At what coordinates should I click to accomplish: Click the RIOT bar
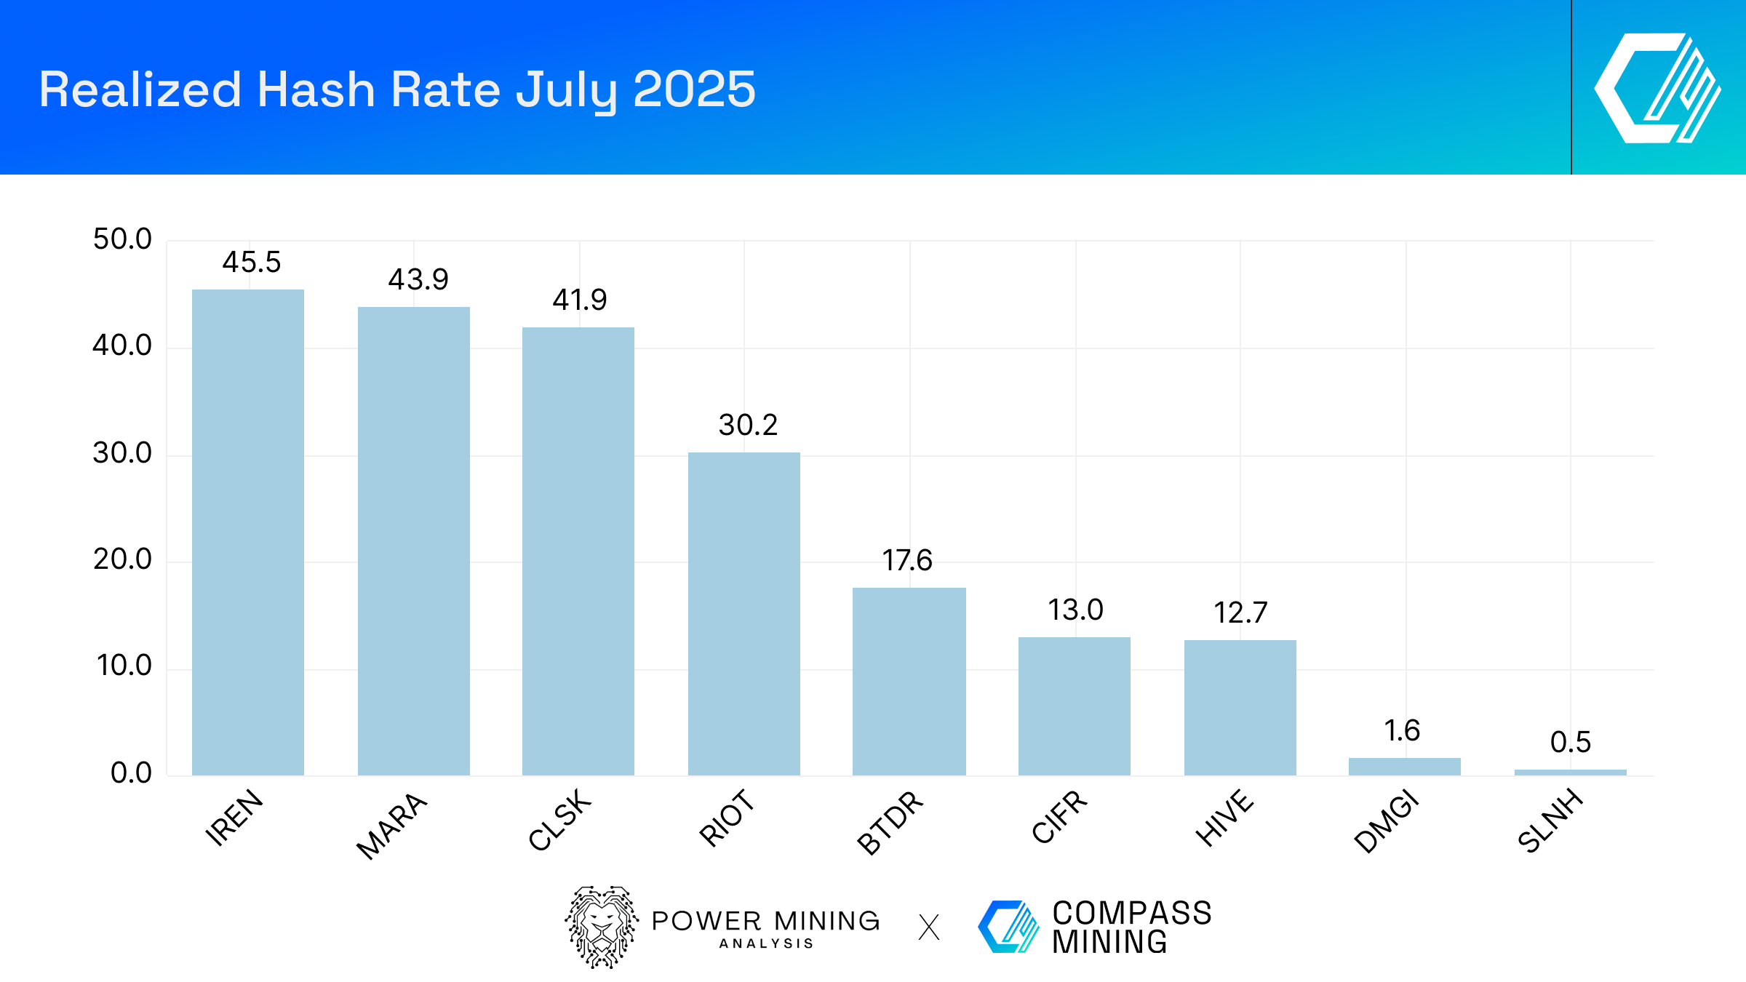coord(744,614)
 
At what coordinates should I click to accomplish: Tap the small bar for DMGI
coord(1404,767)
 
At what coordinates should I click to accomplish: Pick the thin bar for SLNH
coord(1570,773)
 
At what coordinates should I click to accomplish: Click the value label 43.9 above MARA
coord(418,279)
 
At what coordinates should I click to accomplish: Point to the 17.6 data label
coord(907,561)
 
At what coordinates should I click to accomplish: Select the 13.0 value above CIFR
coord(1075,610)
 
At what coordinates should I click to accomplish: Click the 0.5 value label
coord(1570,743)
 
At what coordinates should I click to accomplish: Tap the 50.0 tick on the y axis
coord(122,239)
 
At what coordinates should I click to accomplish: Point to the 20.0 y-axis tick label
coord(122,559)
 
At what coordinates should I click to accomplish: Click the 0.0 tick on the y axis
coord(131,773)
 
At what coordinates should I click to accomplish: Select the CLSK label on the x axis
coord(560,820)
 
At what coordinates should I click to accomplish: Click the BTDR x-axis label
coord(890,823)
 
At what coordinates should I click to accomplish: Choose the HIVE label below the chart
coord(1225,818)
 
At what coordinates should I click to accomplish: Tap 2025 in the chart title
coord(694,89)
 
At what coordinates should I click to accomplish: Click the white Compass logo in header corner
coord(1657,88)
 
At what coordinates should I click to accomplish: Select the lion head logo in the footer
coord(602,927)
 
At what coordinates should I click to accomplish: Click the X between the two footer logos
coord(929,927)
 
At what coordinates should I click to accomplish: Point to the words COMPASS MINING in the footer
coord(1131,927)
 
